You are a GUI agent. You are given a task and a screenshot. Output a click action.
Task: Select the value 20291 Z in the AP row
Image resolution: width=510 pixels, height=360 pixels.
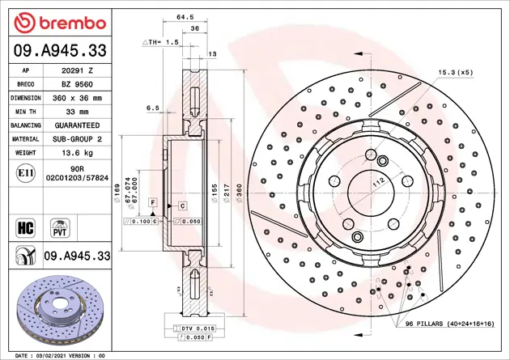click(x=79, y=71)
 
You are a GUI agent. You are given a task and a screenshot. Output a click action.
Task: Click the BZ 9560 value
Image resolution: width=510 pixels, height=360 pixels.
click(x=79, y=84)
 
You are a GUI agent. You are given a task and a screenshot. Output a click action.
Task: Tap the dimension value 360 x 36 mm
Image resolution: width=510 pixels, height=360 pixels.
click(x=79, y=98)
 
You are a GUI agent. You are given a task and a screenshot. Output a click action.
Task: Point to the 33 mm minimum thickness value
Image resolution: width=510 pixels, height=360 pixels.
click(x=79, y=112)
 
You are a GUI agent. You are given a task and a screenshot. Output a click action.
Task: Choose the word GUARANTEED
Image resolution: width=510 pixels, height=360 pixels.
click(x=79, y=125)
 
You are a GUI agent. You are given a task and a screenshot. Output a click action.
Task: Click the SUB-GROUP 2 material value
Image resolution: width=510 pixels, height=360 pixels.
click(x=79, y=139)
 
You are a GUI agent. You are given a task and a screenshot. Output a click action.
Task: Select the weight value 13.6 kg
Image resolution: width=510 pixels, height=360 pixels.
click(x=79, y=152)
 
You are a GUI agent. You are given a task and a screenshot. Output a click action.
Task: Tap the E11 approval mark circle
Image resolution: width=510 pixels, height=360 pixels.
click(x=24, y=172)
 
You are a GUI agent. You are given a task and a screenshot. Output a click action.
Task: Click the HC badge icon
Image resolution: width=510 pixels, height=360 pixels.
click(x=24, y=225)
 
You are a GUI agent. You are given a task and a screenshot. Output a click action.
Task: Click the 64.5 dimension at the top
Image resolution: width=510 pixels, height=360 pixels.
click(x=185, y=16)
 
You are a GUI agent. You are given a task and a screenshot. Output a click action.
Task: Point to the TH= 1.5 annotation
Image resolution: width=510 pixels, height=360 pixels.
click(x=160, y=41)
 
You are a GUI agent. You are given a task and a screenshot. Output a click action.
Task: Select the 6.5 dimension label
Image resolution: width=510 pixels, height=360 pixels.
click(x=152, y=107)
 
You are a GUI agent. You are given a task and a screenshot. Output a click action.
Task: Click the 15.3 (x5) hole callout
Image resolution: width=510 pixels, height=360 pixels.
click(x=455, y=72)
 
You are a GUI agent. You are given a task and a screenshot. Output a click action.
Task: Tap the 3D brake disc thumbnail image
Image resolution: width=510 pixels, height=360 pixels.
click(x=57, y=309)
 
